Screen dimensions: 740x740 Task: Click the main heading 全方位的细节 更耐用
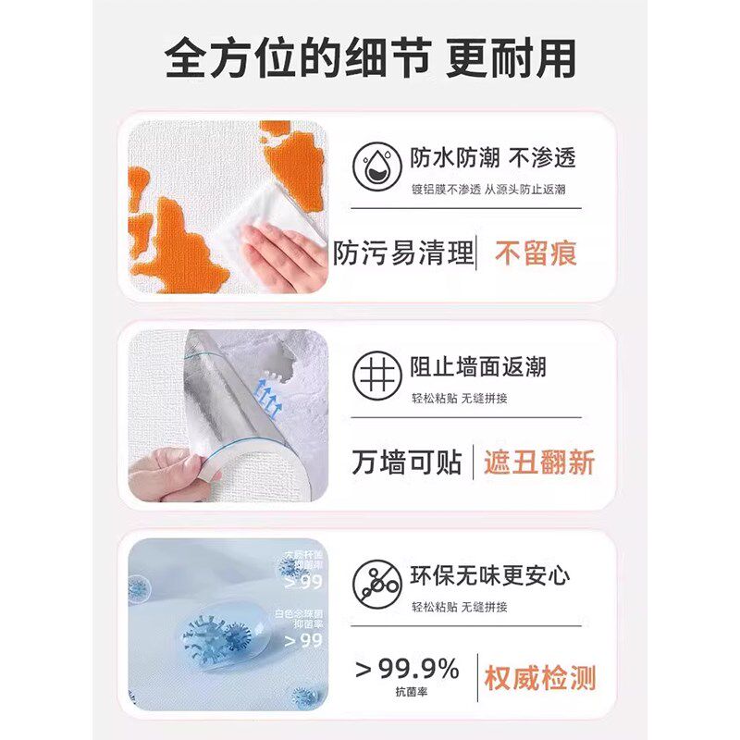coord(370,57)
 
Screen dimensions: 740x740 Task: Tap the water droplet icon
coord(376,166)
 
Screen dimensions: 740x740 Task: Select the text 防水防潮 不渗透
coord(493,156)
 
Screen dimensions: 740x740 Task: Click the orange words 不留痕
coord(536,253)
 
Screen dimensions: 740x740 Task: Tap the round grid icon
coord(376,376)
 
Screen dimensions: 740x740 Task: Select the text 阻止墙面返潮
coord(478,366)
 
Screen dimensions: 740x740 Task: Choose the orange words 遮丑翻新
coord(539,462)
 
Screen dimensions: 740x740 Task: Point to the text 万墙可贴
coord(406,462)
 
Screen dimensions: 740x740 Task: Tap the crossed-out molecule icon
coord(376,585)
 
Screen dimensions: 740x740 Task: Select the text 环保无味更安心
coord(490,575)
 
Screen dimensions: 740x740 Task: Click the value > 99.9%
coord(407,668)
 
